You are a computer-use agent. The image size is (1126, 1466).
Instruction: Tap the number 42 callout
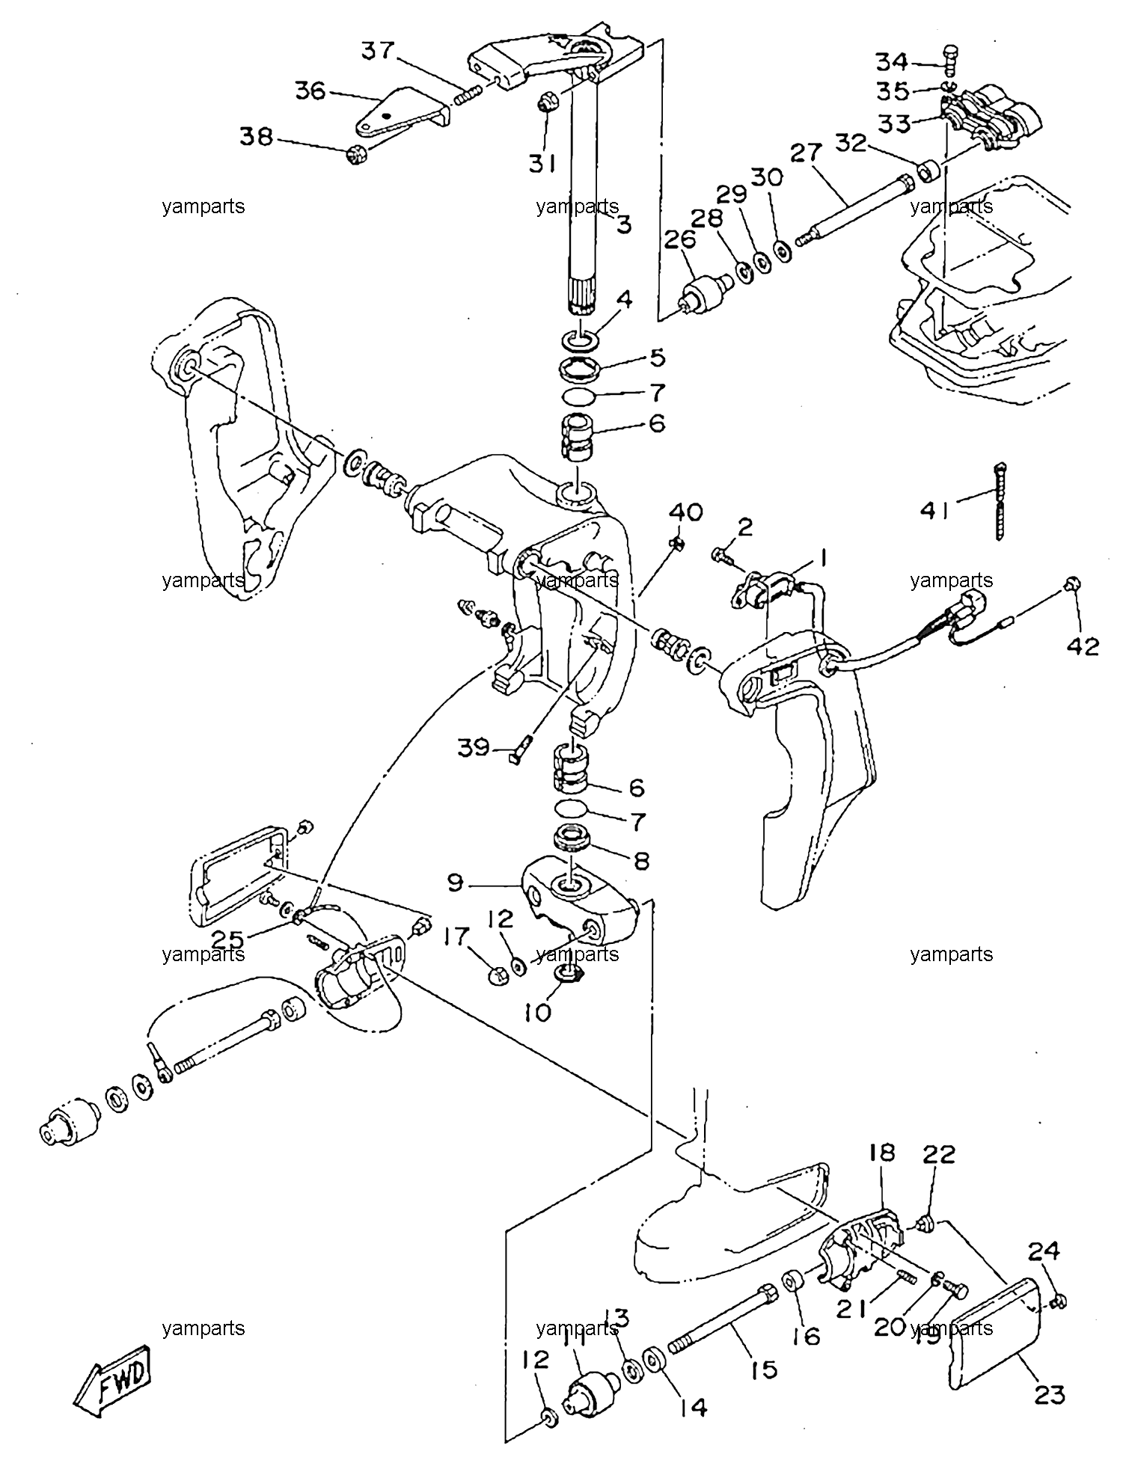1083,645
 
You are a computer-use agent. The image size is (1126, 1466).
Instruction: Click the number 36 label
310,91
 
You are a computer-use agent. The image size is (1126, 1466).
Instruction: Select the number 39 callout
475,747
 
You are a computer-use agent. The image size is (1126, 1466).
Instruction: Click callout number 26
680,240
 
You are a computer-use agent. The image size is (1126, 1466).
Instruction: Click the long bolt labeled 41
1000,500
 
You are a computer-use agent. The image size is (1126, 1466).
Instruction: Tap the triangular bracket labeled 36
400,114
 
